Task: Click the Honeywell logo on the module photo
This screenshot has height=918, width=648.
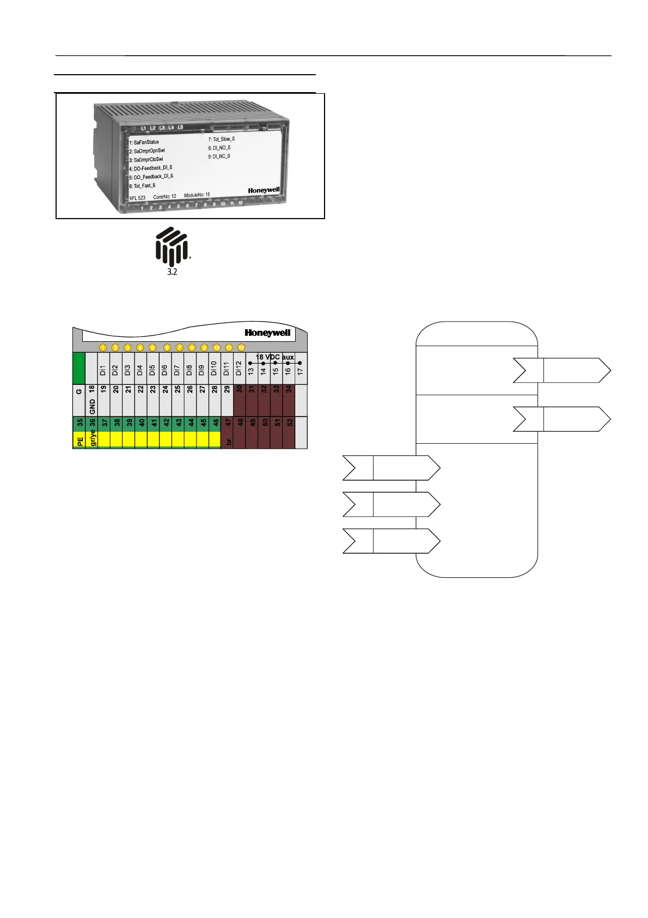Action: [x=264, y=190]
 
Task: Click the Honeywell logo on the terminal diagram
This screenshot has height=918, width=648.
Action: [x=267, y=333]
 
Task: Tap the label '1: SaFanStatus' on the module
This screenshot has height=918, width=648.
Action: [x=144, y=142]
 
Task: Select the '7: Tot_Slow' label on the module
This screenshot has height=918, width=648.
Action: [x=221, y=140]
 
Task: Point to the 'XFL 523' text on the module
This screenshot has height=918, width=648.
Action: [x=137, y=198]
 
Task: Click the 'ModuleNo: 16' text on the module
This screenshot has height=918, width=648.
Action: [x=197, y=195]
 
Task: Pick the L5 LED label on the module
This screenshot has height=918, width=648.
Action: [x=180, y=128]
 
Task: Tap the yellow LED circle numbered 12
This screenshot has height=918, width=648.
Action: [x=241, y=347]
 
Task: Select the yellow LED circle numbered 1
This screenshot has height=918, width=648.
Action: [x=103, y=347]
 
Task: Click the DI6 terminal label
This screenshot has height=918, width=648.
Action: [x=165, y=371]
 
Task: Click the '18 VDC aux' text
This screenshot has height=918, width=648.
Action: [x=274, y=357]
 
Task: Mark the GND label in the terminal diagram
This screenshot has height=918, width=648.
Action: [x=93, y=406]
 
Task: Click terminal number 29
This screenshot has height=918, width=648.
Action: [x=227, y=390]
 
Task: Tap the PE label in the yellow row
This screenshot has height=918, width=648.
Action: [x=80, y=440]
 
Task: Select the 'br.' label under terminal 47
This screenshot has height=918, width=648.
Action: [x=229, y=440]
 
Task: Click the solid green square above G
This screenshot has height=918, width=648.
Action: [x=79, y=368]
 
